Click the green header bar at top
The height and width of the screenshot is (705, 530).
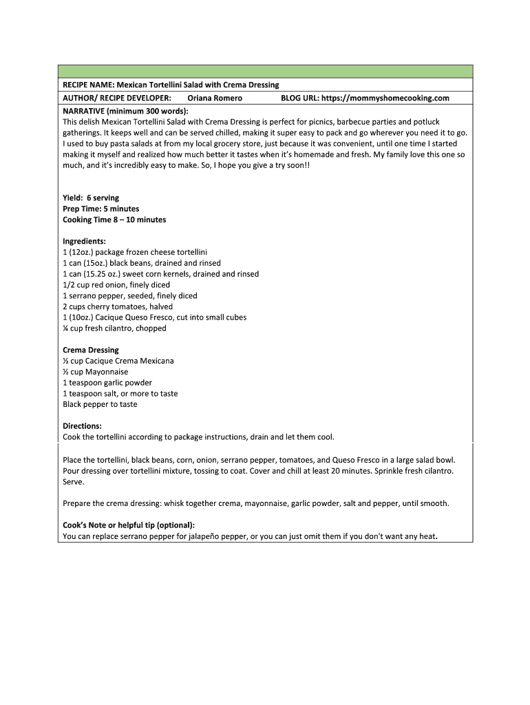click(x=265, y=72)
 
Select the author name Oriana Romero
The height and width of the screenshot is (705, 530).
click(x=215, y=98)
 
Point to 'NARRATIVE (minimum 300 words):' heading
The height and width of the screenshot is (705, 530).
click(x=125, y=110)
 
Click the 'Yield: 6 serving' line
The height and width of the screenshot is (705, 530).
click(x=91, y=198)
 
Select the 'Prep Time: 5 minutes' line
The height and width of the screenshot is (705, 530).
click(x=100, y=209)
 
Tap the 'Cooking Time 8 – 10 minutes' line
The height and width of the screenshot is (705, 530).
click(x=114, y=220)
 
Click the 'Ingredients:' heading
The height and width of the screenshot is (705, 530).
click(x=84, y=242)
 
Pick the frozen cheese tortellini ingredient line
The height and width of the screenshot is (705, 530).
click(x=135, y=252)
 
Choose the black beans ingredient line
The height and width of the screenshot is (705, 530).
click(x=142, y=263)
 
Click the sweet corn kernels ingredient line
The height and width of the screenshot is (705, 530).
click(x=160, y=274)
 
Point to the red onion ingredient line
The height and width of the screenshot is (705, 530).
click(x=116, y=285)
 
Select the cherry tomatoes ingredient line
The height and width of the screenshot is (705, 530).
click(x=118, y=306)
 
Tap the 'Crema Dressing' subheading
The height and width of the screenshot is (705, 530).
click(x=91, y=350)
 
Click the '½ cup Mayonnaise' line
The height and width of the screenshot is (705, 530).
click(x=95, y=372)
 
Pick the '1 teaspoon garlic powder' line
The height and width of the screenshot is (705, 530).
click(x=107, y=383)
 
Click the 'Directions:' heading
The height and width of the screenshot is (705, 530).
click(x=82, y=426)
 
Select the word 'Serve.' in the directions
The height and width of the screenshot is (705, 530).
click(x=73, y=483)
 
